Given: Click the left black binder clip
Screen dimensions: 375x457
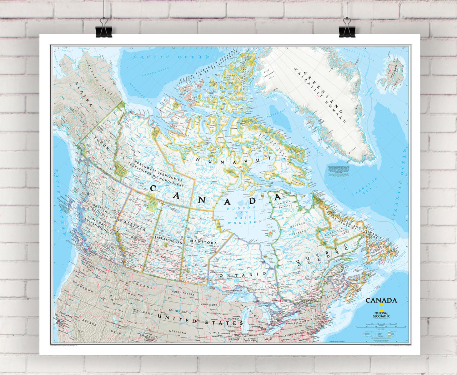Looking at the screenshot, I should click(x=104, y=28).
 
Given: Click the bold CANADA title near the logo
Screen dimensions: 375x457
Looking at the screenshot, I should click(x=381, y=300).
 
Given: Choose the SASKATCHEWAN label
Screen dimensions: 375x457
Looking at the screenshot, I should click(x=167, y=240).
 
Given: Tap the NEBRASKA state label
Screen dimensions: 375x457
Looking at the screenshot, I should click(x=178, y=332).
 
